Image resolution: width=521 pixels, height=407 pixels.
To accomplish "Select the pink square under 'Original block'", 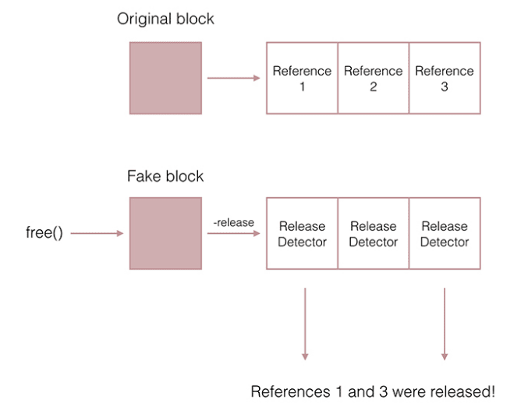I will pos(165,78).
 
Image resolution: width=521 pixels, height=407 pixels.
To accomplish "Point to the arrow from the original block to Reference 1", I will pos(233,78).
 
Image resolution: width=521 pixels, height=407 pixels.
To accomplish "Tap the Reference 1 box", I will pos(302,78).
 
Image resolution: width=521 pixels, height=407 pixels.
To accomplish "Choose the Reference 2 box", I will pos(373,78).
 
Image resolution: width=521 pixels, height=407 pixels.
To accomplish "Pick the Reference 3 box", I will pos(445,78).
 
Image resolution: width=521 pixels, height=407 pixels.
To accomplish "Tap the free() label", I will pos(44,233).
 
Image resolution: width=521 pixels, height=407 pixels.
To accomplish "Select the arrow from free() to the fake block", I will pos(96,233).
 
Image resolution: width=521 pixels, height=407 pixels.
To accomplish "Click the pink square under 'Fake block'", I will pos(165,233).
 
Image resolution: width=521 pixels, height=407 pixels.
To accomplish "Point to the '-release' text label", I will pos(234,223).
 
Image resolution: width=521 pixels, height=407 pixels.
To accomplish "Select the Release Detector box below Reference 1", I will pos(302,234).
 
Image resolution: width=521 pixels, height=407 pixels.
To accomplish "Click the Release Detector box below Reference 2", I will pos(373,234).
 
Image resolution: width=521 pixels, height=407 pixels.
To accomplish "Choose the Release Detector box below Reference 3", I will pos(445,234).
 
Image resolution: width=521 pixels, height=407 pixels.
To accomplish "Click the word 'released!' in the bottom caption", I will pos(463,391).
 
